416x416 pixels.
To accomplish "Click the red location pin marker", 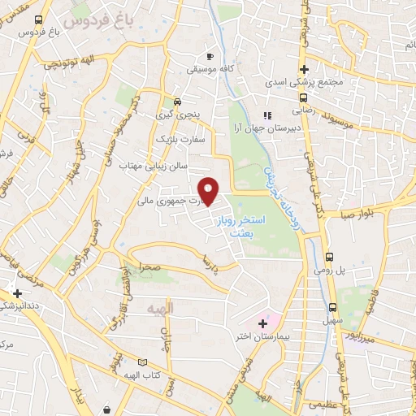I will [x=210, y=192].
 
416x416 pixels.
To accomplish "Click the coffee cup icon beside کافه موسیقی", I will [x=210, y=56].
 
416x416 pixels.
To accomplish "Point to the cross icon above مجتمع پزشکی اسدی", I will [x=304, y=70].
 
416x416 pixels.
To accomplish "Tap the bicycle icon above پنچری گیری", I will [x=177, y=102].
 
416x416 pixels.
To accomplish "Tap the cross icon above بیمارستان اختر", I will [x=262, y=323].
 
